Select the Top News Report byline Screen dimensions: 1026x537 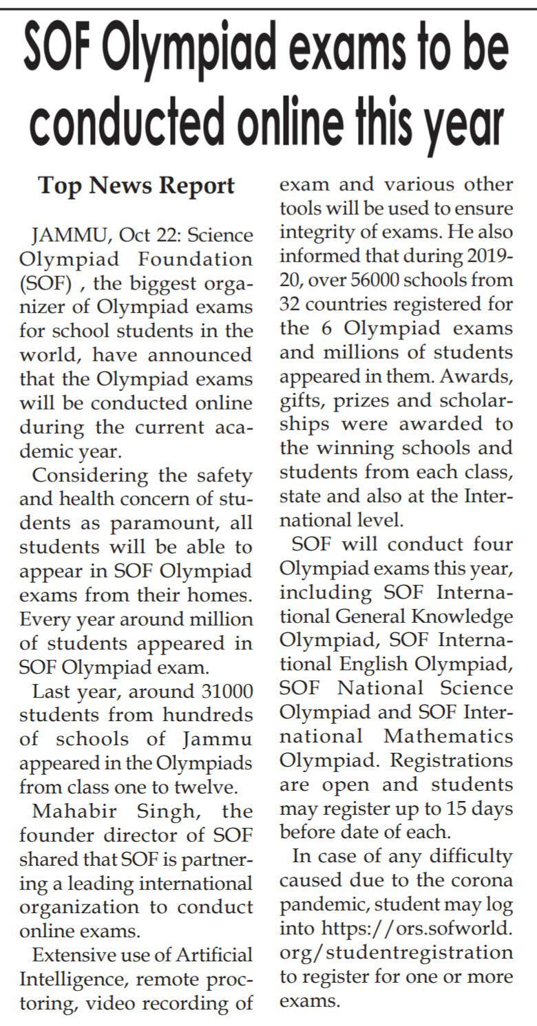pyautogui.click(x=136, y=185)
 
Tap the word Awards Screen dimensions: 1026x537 pyautogui.click(x=477, y=376)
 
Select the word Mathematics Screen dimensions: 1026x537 pyautogui.click(x=448, y=736)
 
